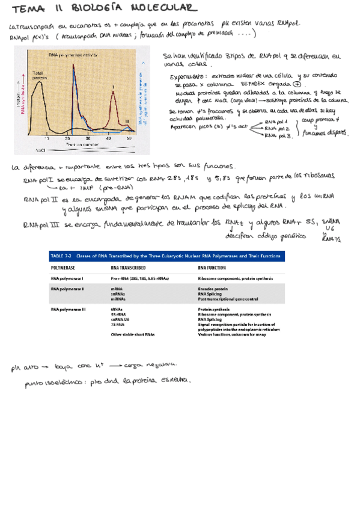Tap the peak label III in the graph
(x=127, y=122)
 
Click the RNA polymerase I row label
(x=67, y=278)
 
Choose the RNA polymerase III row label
(x=69, y=309)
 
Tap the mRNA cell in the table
(x=117, y=289)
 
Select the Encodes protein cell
(x=215, y=289)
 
